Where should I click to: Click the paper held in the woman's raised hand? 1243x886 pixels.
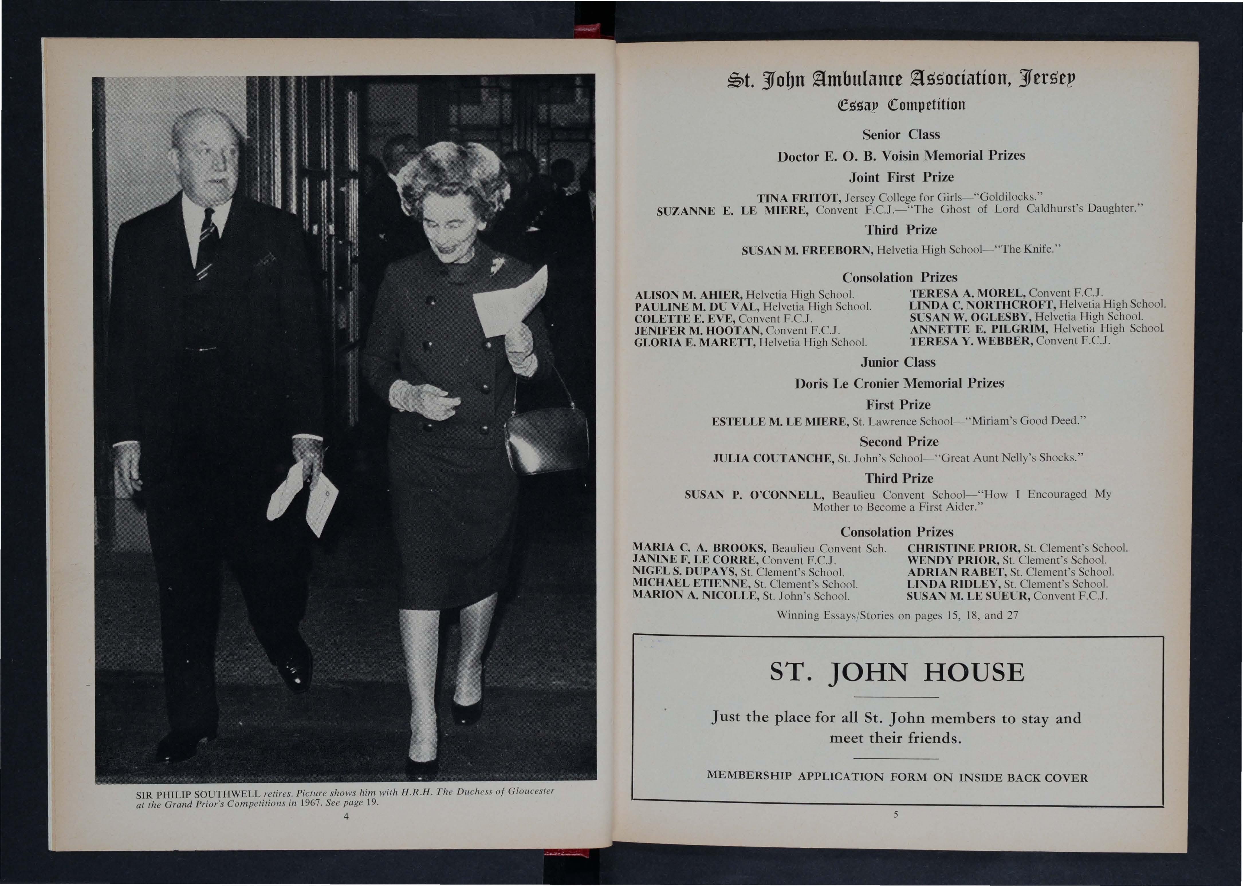point(510,303)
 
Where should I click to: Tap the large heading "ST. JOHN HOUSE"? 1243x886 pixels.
point(897,673)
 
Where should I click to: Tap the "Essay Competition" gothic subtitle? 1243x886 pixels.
point(898,104)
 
